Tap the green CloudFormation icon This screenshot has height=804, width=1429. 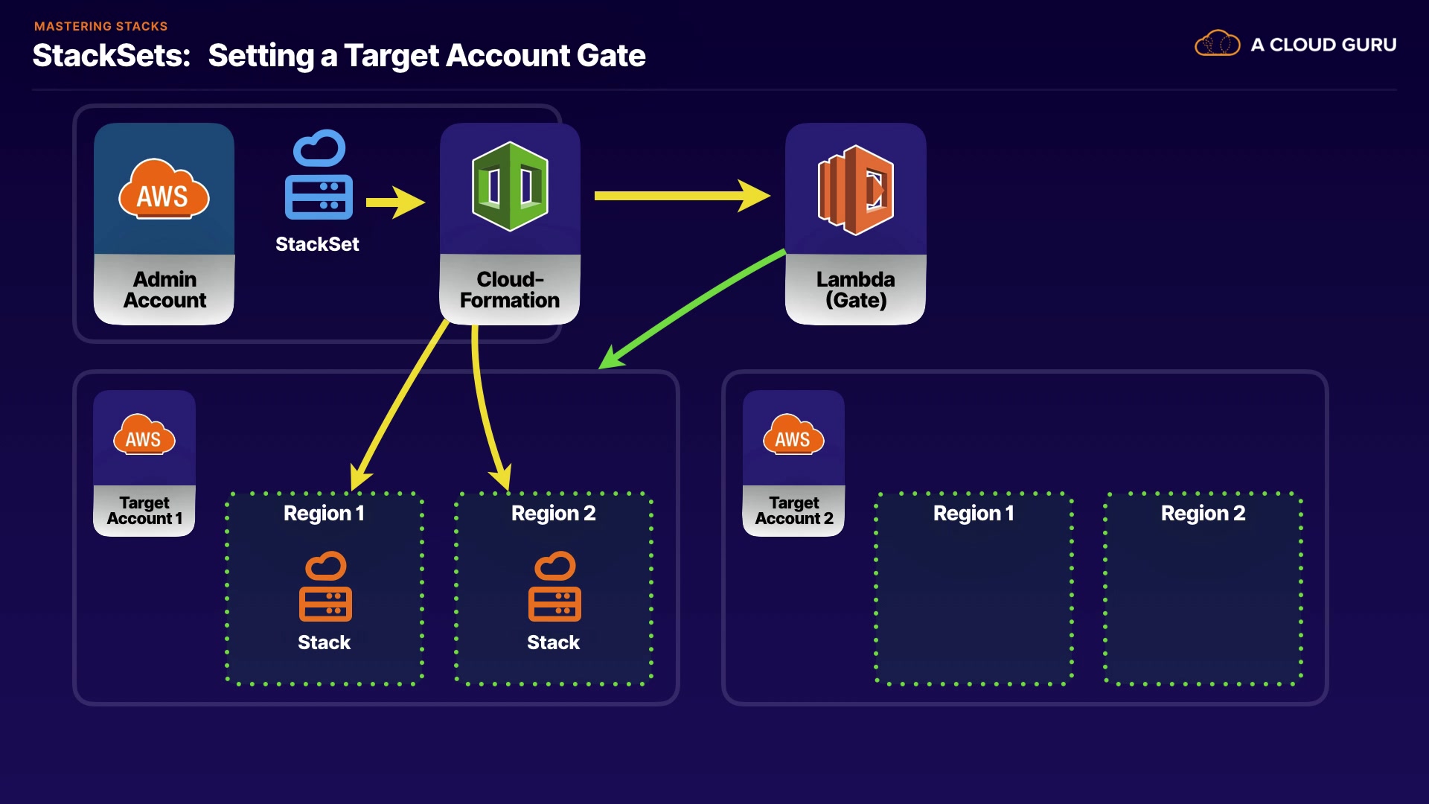tap(510, 186)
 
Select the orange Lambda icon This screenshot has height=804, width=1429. tap(856, 190)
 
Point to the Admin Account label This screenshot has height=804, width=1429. tap(164, 290)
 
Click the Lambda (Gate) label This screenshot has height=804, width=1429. tap(855, 290)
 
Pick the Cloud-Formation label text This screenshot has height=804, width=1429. tap(510, 290)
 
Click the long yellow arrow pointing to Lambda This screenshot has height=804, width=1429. tap(681, 196)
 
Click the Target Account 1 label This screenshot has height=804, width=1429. tap(144, 511)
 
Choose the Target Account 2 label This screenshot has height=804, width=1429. tap(794, 511)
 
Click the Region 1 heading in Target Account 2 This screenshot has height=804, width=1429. tap(974, 513)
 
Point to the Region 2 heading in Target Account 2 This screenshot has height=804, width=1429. tap(1203, 513)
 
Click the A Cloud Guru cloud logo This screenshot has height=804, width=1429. tap(1217, 44)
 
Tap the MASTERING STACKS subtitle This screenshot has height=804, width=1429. tap(101, 26)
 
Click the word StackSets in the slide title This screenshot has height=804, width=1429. tap(112, 56)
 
